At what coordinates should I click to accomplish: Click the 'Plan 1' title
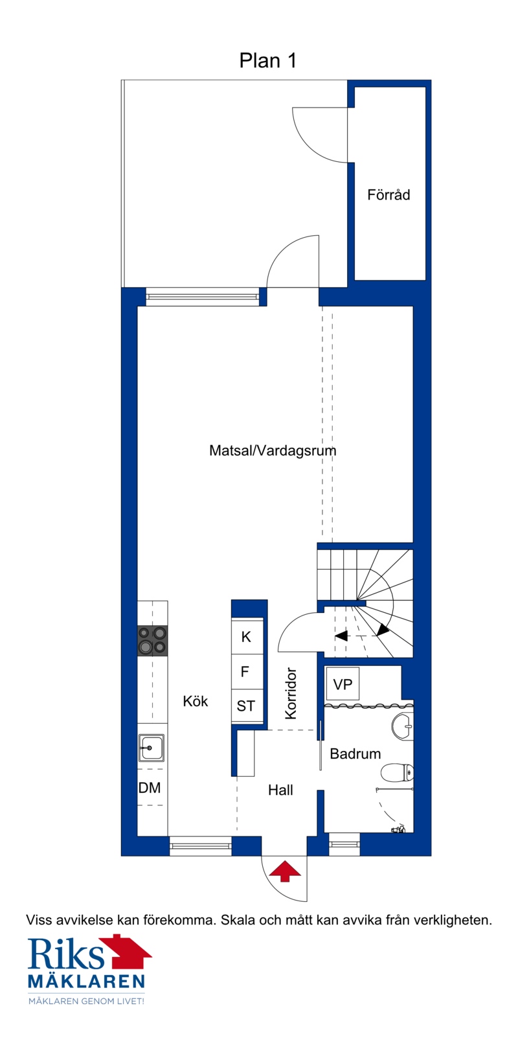(267, 60)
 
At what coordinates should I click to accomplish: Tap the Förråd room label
(388, 194)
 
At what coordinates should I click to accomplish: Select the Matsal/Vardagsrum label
(273, 450)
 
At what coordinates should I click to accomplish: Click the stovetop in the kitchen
(153, 641)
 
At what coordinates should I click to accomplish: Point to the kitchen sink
(151, 748)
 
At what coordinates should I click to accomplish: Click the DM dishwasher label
(149, 787)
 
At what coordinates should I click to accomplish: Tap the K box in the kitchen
(247, 636)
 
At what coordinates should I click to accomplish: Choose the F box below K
(247, 671)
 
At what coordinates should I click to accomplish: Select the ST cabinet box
(247, 705)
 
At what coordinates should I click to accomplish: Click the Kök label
(195, 701)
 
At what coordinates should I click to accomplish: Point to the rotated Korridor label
(291, 693)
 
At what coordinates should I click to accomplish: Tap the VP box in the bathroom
(343, 684)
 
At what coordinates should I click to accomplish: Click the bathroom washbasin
(403, 726)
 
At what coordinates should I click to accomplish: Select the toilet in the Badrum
(397, 773)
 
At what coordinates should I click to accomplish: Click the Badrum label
(355, 753)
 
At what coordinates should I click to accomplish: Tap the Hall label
(280, 790)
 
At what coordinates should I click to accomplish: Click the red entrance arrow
(285, 871)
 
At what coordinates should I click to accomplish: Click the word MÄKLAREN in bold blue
(86, 982)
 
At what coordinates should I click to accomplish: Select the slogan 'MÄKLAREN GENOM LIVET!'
(86, 1001)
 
